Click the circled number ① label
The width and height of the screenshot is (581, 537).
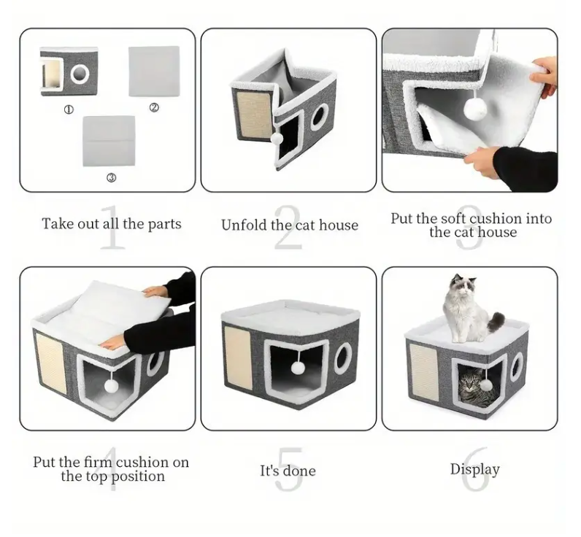pyautogui.click(x=69, y=109)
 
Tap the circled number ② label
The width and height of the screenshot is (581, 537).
pyautogui.click(x=154, y=107)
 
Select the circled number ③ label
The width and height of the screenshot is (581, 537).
pyautogui.click(x=112, y=178)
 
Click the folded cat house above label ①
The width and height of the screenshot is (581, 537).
pyautogui.click(x=69, y=71)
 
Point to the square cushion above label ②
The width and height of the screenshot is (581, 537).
pyautogui.click(x=154, y=71)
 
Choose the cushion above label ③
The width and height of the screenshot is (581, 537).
pyautogui.click(x=109, y=141)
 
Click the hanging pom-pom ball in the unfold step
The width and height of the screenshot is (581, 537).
pyautogui.click(x=277, y=139)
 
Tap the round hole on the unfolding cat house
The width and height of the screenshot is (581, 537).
pyautogui.click(x=320, y=117)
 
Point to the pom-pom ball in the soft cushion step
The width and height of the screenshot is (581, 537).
pyautogui.click(x=475, y=108)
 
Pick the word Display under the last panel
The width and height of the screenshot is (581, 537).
pyautogui.click(x=475, y=470)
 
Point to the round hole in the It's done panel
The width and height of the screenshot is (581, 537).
pyautogui.click(x=342, y=358)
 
